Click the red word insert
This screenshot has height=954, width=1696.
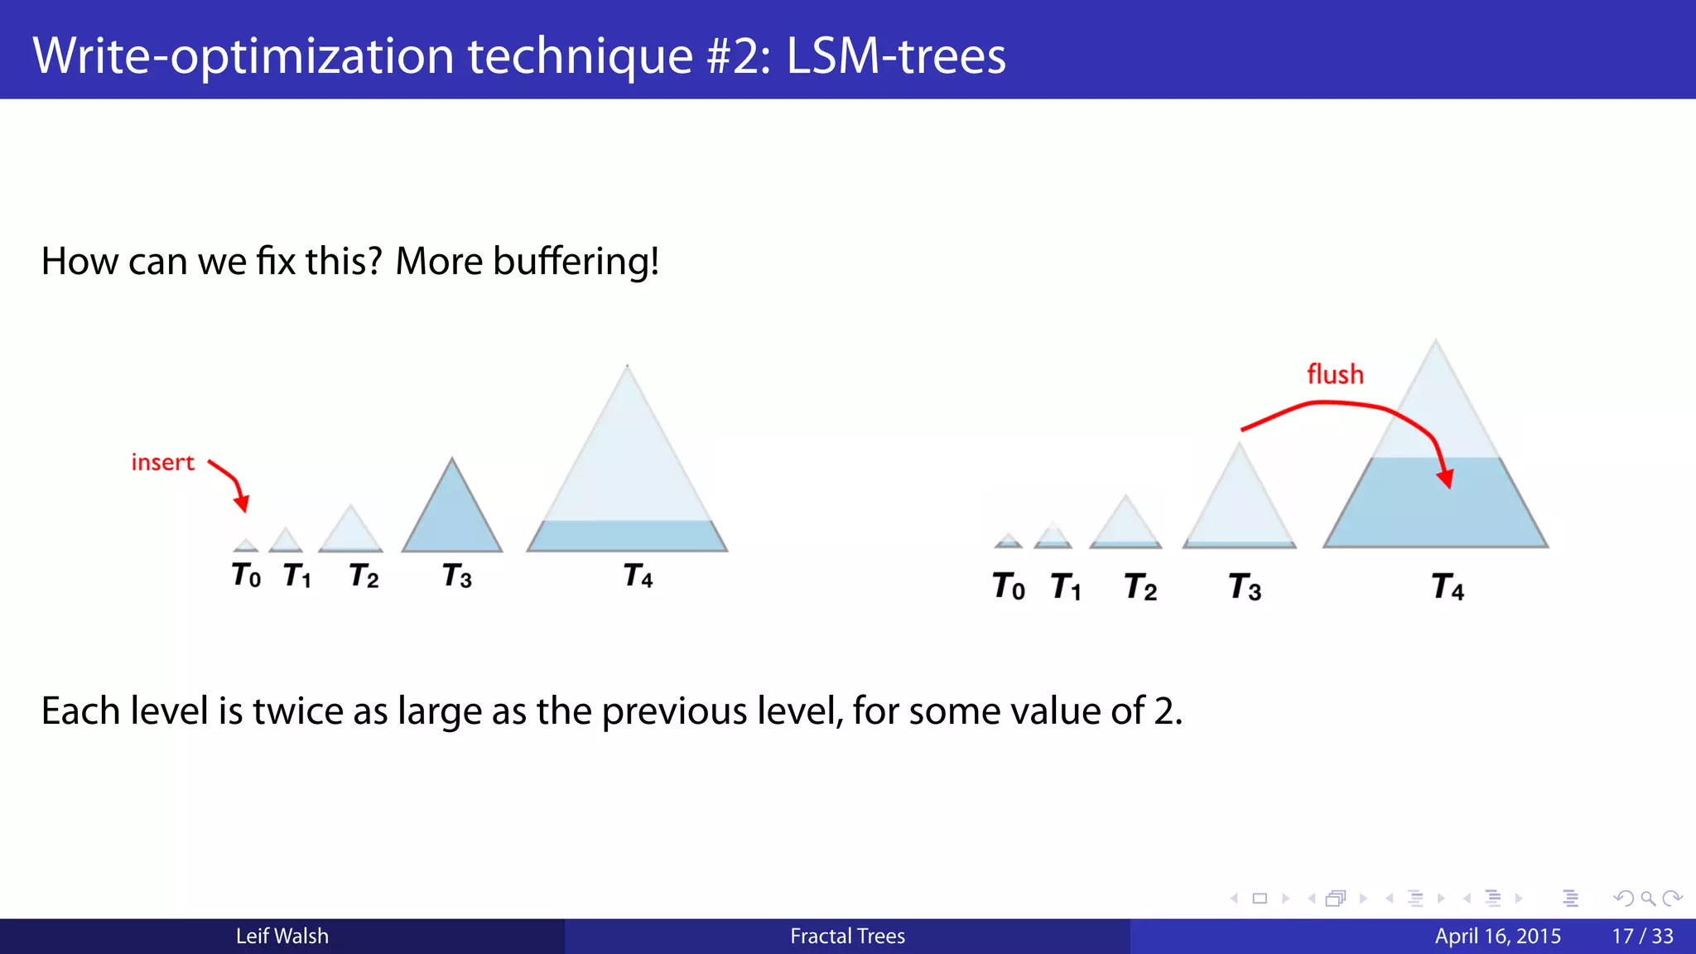tap(162, 462)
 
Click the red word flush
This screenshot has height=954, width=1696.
tap(1335, 374)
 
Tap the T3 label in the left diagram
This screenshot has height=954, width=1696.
tap(457, 576)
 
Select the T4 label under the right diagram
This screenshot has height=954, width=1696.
tap(1448, 587)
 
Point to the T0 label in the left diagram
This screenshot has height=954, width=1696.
tap(246, 575)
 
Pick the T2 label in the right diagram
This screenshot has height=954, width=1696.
tap(1140, 587)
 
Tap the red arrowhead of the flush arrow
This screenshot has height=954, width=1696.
tap(1446, 479)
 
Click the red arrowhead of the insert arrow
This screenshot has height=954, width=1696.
tap(242, 503)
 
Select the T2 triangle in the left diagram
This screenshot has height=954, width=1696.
tap(350, 532)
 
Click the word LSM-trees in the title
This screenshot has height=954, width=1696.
tap(895, 56)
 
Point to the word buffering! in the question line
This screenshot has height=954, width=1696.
tap(576, 262)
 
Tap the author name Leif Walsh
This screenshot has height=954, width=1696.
tap(282, 936)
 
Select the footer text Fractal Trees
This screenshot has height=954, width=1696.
tap(847, 936)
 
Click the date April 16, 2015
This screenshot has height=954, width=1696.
tap(1497, 936)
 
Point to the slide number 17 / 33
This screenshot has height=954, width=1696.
tap(1642, 936)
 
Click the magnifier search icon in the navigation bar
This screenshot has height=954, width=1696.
tap(1648, 899)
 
